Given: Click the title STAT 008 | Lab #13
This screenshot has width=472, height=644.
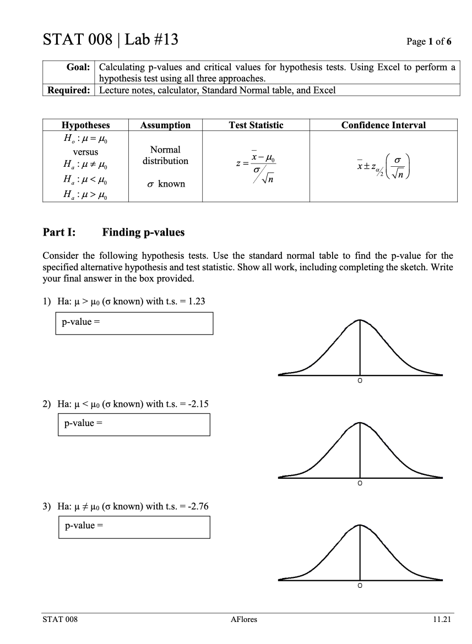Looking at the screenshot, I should tap(110, 40).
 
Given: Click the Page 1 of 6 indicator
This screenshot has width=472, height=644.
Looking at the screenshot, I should tap(428, 42).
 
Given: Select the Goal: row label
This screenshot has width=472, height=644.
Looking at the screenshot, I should tap(78, 67).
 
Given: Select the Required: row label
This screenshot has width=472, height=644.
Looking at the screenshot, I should tap(69, 90).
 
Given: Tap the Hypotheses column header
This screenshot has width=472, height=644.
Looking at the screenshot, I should tap(85, 125).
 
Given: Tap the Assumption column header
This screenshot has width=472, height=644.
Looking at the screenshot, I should tap(165, 125).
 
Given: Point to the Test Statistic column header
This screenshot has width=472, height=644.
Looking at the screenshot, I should tap(256, 125).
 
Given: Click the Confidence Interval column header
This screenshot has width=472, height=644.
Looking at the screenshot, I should tap(383, 125).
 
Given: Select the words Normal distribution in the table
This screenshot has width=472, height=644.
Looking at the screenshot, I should tap(165, 155).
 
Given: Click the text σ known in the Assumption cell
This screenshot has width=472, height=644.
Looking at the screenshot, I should tap(165, 184).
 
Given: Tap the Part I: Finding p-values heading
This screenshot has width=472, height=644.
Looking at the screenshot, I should tap(114, 232).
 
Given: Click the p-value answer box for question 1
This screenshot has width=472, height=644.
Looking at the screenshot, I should tap(134, 323).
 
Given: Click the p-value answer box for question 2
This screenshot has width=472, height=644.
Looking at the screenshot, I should tap(134, 424).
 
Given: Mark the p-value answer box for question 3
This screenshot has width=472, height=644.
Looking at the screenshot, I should tap(134, 527).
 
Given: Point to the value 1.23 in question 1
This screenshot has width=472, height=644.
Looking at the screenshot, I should tap(197, 301).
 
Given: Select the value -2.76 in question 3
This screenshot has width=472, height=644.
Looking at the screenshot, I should tap(198, 506).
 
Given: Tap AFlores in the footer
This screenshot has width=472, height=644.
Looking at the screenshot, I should tap(243, 619).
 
